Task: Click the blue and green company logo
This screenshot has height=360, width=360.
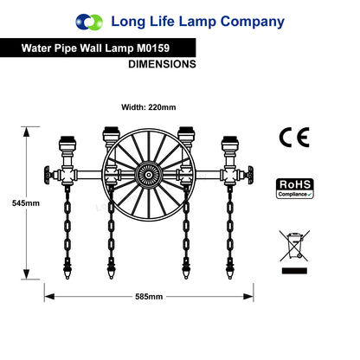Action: pos(89,22)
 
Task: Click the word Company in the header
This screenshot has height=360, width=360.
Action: pos(253,22)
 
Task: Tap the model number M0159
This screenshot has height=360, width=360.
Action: pos(153,48)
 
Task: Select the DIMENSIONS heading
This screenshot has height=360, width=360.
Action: pos(162,64)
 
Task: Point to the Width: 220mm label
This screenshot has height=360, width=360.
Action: pos(149,107)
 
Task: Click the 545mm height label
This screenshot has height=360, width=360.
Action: pos(26,203)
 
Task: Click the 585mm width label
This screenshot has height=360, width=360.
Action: pos(149,297)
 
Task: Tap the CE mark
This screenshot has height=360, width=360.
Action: pos(294,138)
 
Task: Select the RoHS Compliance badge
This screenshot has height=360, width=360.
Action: pos(295,189)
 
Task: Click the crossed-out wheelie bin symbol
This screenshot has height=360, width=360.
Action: pos(294,246)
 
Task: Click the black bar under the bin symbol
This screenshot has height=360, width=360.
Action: pos(294,271)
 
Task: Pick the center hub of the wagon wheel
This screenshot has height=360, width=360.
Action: pos(149,175)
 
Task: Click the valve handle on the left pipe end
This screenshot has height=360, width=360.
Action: pos(47,175)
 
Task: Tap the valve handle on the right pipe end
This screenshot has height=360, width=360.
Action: pos(250,175)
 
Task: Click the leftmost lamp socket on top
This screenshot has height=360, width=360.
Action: pos(67,144)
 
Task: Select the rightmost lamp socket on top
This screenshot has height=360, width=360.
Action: pos(230,144)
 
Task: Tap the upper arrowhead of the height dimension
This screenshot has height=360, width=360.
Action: pos(26,132)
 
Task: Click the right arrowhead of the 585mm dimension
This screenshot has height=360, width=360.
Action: pos(248,297)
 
